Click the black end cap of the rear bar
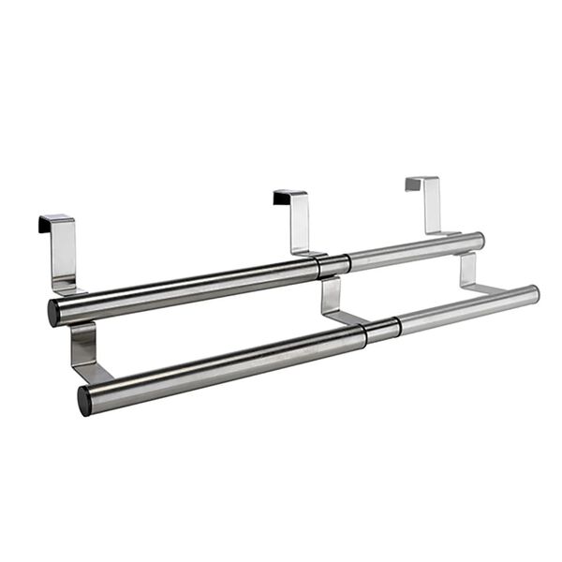53,313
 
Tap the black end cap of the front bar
84,400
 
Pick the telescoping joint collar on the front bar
382,329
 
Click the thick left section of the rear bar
187,288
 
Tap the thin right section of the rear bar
412,251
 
